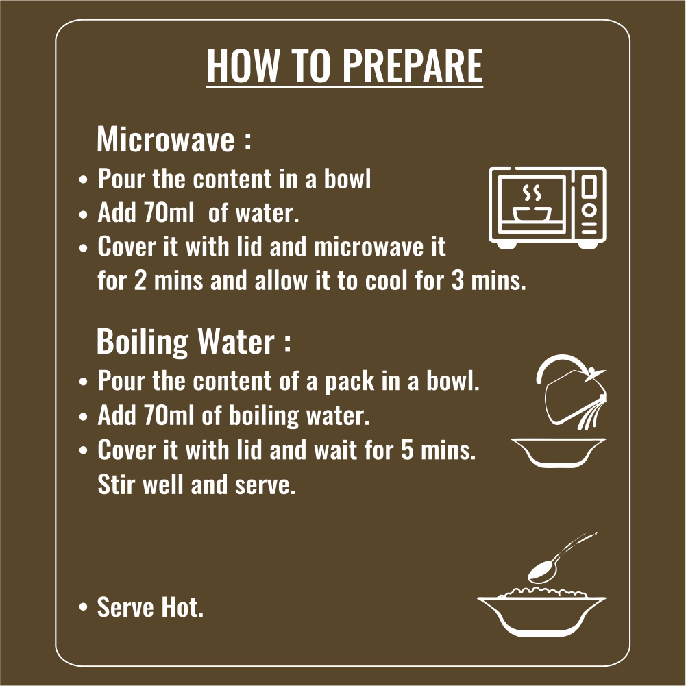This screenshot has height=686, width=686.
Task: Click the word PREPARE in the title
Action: tap(412, 66)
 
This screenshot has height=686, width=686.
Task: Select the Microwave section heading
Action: tap(174, 139)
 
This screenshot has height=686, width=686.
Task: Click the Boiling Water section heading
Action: tap(193, 341)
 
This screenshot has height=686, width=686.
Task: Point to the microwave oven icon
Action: tap(548, 208)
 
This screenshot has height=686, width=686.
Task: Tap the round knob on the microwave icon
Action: tap(589, 210)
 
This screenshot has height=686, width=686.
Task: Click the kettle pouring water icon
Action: tap(571, 391)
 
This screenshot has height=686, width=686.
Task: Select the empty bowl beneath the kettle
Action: tap(559, 452)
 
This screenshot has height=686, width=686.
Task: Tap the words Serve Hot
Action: tap(150, 607)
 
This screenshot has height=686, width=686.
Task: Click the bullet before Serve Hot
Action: tap(83, 607)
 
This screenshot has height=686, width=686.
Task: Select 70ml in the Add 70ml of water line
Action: tap(169, 213)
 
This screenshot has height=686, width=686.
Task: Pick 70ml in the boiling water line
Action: tap(169, 415)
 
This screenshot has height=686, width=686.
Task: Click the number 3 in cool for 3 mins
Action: tap(457, 280)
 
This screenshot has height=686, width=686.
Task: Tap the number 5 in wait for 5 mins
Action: tap(407, 450)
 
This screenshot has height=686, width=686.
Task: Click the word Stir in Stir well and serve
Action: tap(113, 485)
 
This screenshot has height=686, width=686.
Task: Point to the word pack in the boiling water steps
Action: tap(350, 382)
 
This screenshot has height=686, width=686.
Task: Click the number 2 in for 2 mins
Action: tap(140, 280)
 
